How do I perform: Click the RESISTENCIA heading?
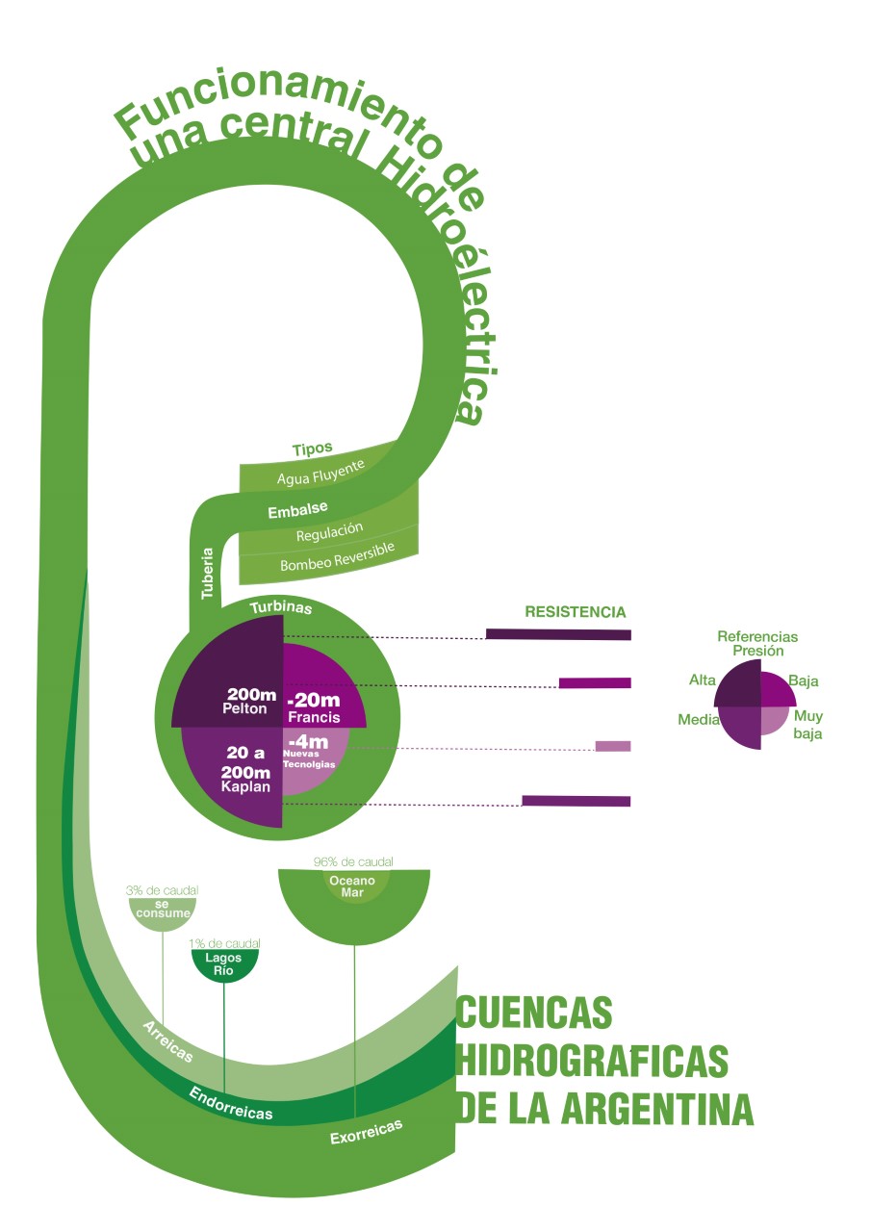click(575, 612)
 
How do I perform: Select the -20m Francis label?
click(315, 708)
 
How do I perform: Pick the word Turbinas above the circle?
click(280, 608)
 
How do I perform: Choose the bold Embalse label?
click(297, 509)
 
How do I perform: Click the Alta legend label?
click(703, 680)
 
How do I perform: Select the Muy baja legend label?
click(807, 725)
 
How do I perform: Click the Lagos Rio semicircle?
click(223, 965)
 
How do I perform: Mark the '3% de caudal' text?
click(162, 891)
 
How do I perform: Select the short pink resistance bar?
click(612, 746)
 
